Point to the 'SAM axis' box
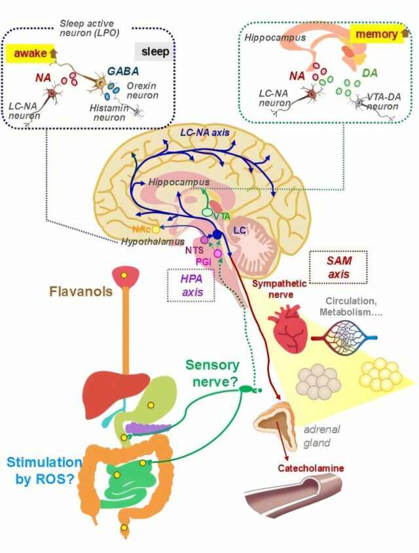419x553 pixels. [338, 266]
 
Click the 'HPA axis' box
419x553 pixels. [191, 285]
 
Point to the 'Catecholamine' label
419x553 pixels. [310, 468]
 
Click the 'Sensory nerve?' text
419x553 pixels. [212, 372]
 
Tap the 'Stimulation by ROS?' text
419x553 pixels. [45, 471]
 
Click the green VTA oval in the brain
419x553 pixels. [209, 213]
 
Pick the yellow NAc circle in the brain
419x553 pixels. [156, 230]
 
